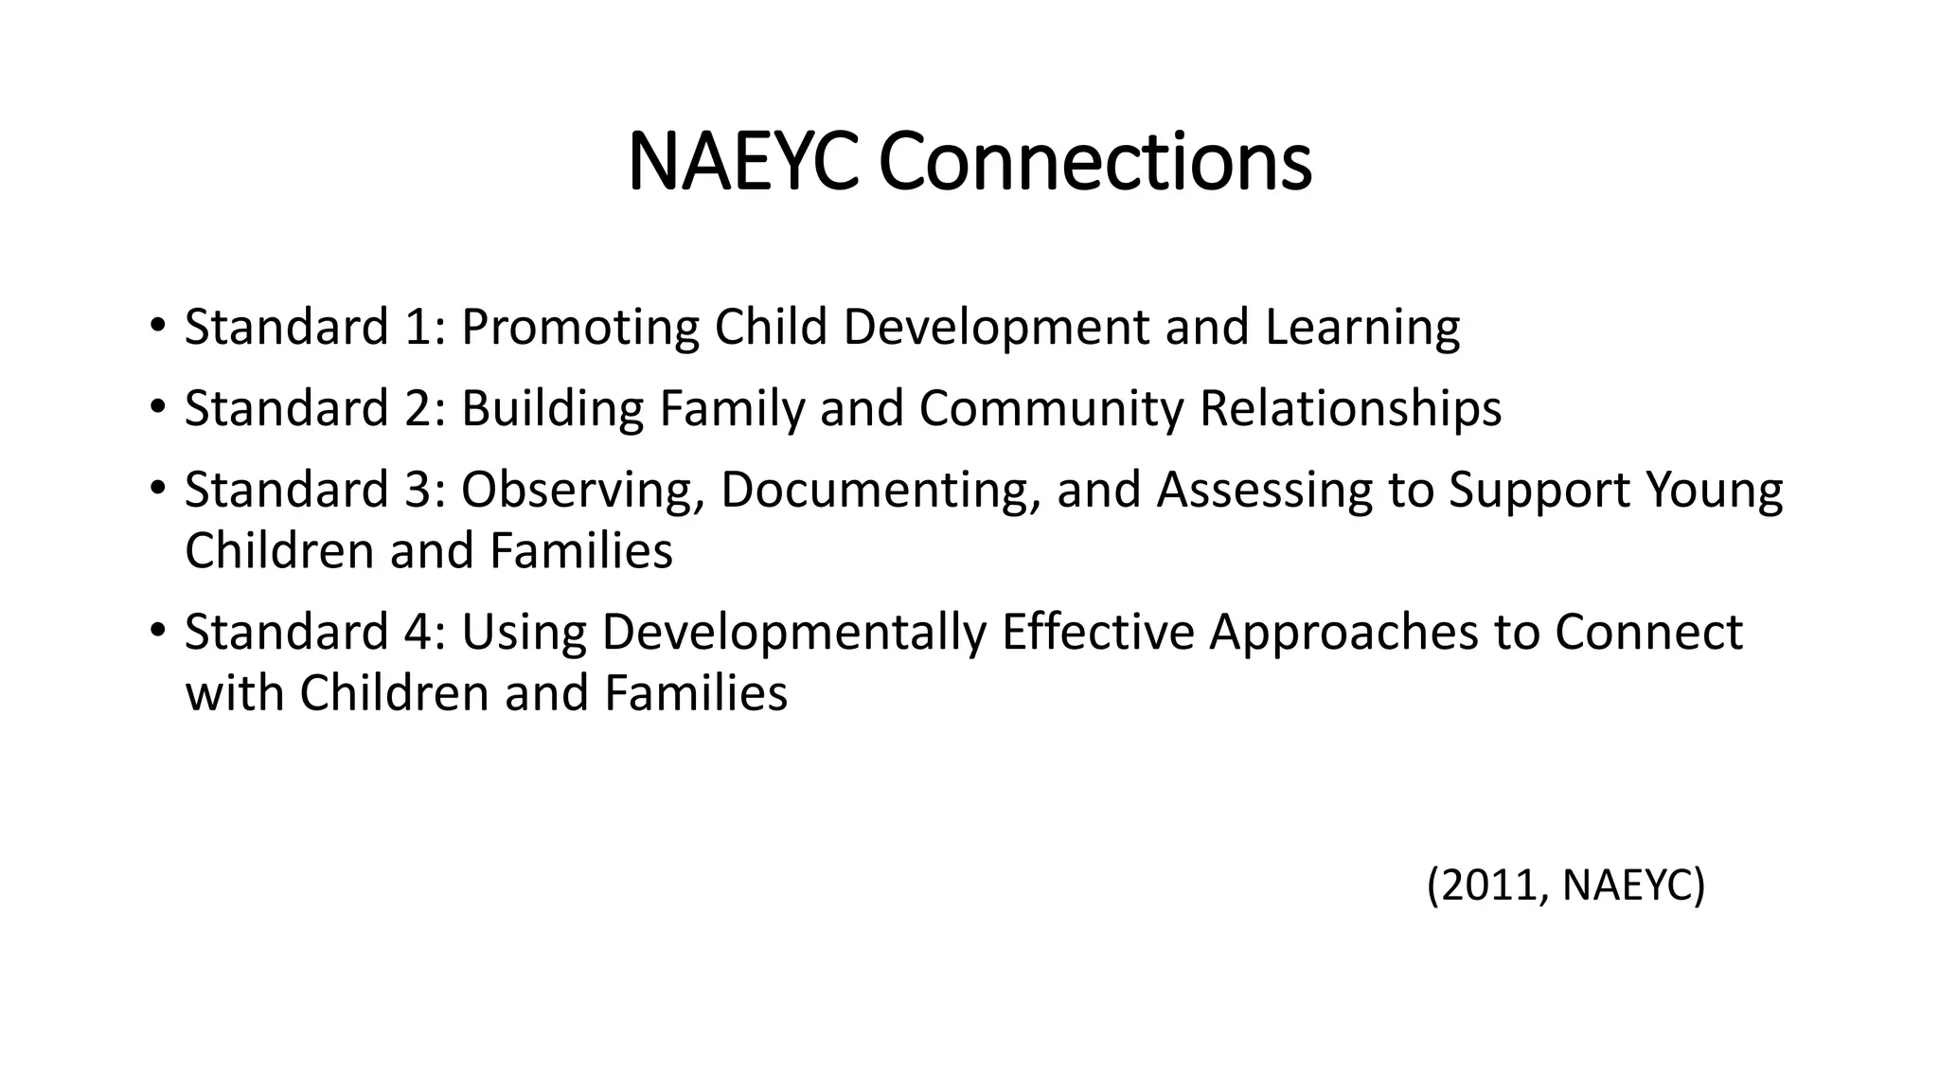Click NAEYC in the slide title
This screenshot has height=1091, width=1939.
pos(743,162)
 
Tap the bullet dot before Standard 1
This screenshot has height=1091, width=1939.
pos(157,325)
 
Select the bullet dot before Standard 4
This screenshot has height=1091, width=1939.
pos(157,630)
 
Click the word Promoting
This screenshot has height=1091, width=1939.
pos(579,328)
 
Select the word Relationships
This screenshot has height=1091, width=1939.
pos(1349,409)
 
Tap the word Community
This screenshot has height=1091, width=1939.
pos(1050,409)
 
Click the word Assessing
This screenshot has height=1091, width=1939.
pos(1264,491)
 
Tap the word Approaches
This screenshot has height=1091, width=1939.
pos(1343,633)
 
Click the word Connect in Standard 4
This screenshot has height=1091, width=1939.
pos(1647,632)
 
